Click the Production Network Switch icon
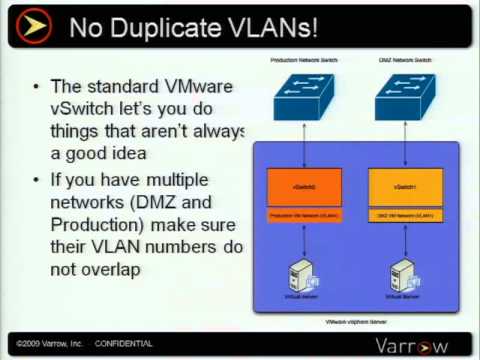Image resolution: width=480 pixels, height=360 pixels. click(305, 92)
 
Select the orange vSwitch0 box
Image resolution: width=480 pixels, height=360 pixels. click(304, 187)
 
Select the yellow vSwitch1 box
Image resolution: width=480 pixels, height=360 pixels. click(405, 187)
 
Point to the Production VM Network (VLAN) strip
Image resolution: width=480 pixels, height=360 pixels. click(304, 215)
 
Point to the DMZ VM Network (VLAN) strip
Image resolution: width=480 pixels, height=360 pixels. click(405, 215)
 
